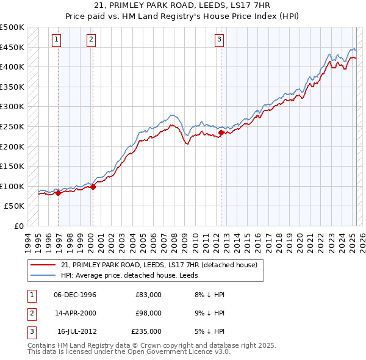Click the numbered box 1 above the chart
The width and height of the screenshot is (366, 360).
[56, 40]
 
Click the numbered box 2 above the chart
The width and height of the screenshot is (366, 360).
[91, 40]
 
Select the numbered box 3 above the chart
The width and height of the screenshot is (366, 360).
[219, 40]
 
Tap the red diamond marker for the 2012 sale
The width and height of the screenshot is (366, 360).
[221, 132]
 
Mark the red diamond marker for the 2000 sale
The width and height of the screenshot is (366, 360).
[93, 187]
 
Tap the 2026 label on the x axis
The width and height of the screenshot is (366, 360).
[361, 240]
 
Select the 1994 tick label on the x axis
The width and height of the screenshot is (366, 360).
[28, 240]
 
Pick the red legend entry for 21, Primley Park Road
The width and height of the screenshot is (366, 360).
[160, 265]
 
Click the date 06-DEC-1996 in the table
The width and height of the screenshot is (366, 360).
[75, 295]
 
